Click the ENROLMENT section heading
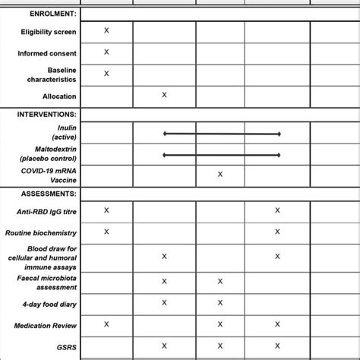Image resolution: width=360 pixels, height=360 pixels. coord(41,14)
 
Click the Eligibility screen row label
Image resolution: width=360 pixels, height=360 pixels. coord(47,33)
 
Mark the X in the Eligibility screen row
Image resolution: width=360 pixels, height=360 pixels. coord(106,30)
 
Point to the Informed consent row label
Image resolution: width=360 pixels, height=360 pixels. coord(47,54)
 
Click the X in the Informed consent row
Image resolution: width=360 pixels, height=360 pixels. coord(106,52)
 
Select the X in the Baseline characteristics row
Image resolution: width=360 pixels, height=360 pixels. coord(106,73)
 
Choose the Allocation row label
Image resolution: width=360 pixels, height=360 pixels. coord(59,96)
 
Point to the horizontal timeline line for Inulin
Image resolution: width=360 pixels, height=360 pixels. coord(221,134)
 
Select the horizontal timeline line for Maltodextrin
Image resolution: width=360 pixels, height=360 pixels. coord(221,155)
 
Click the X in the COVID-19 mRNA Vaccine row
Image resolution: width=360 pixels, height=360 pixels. coord(220,174)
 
